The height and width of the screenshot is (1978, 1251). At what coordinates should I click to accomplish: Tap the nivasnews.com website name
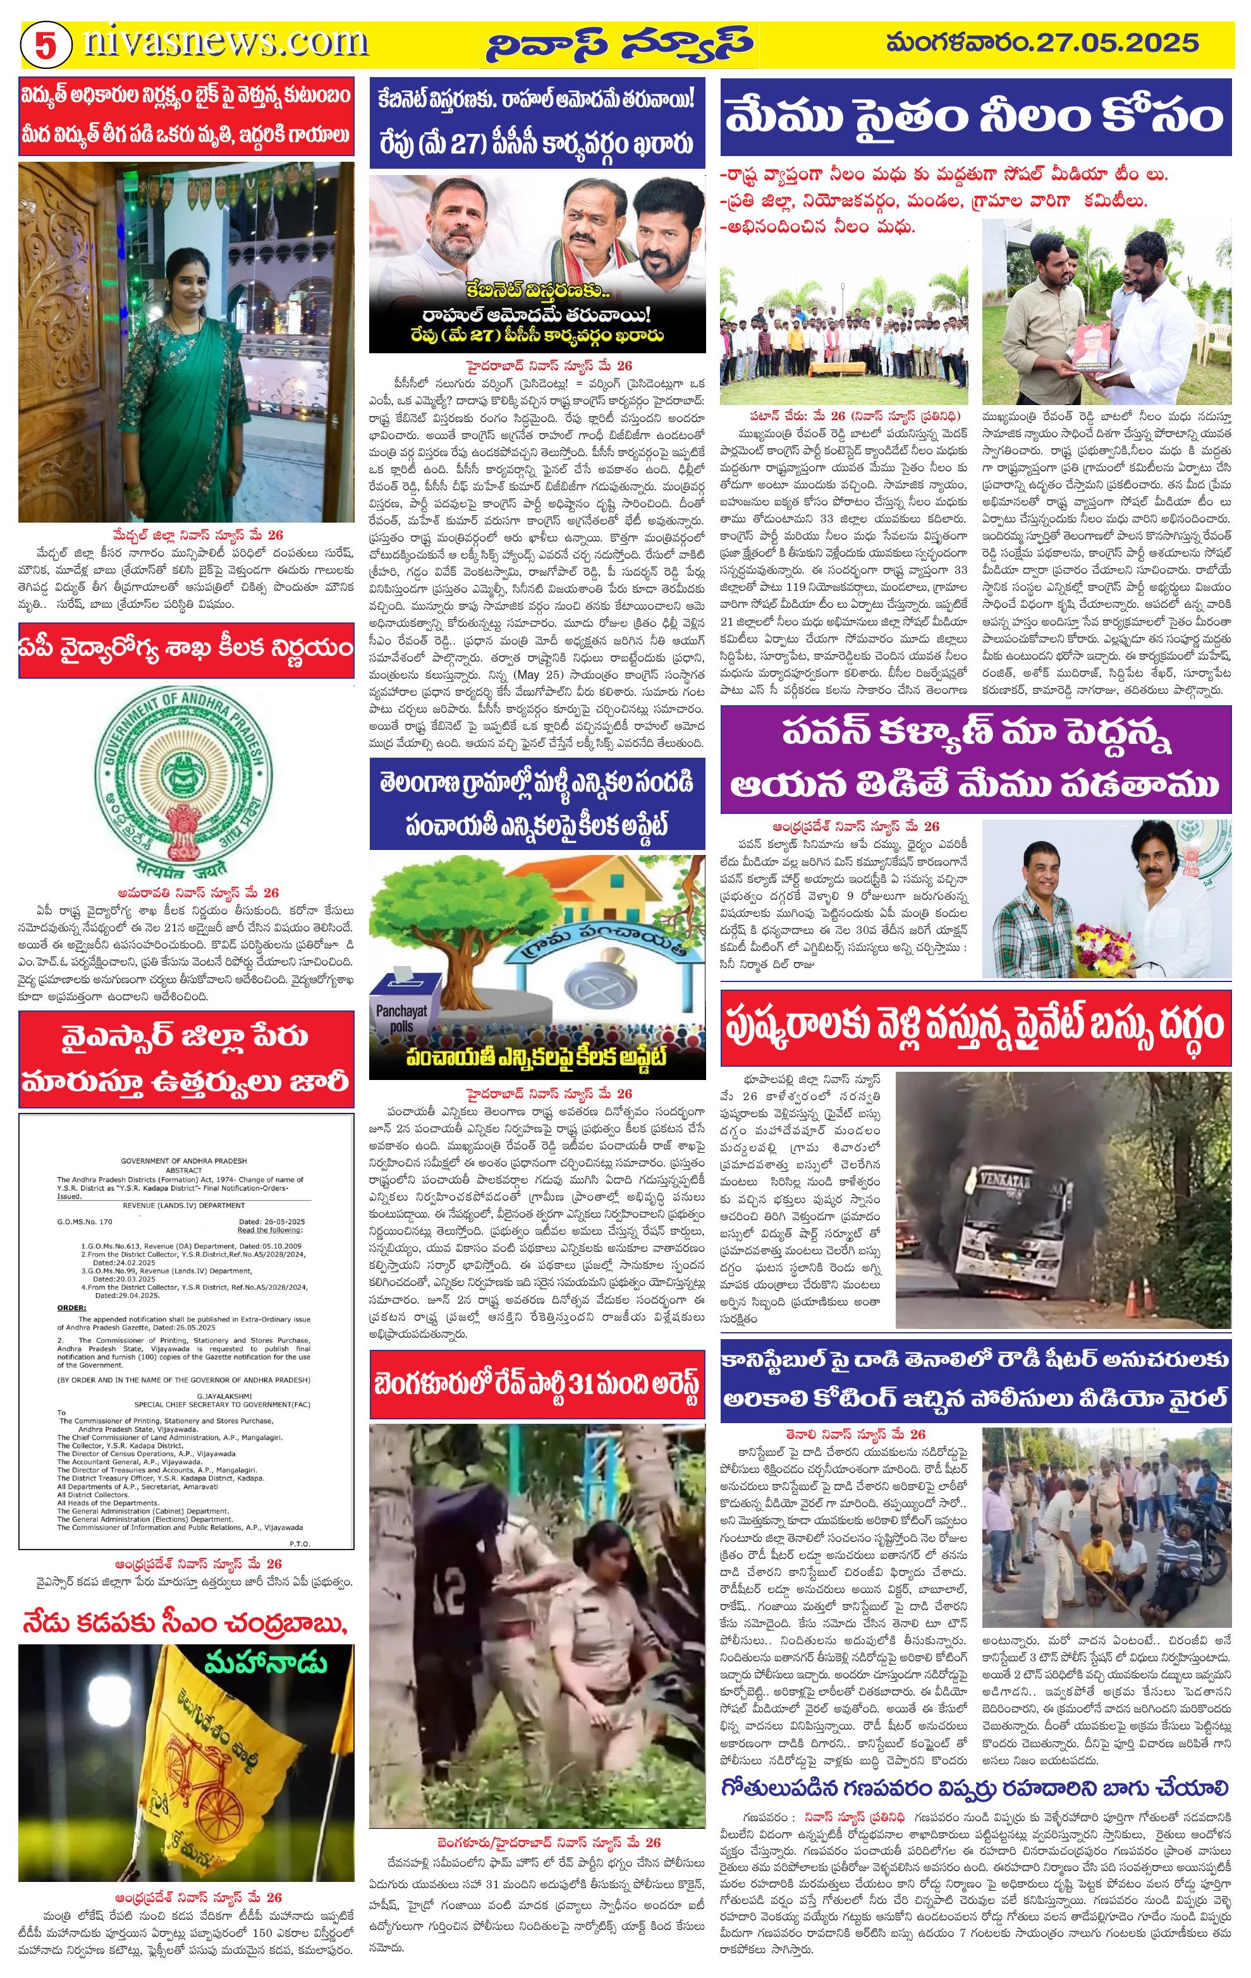pos(225,42)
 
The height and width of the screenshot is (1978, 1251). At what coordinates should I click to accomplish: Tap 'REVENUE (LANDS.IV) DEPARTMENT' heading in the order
pos(182,1205)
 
